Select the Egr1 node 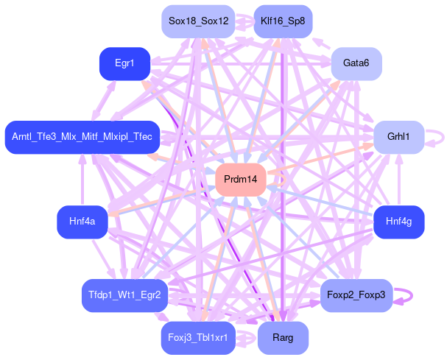point(124,64)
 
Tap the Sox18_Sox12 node point(198,21)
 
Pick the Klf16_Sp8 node point(282,21)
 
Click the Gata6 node point(356,64)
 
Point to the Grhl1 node point(398,137)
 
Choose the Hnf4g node point(398,222)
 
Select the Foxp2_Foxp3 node point(353,295)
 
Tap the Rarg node point(283,338)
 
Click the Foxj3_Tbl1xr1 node point(197,338)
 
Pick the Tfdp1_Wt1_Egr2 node point(124,295)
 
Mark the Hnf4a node point(82,222)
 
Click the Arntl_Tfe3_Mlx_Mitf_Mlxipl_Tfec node point(82,137)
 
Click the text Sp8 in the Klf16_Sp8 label point(296,21)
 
